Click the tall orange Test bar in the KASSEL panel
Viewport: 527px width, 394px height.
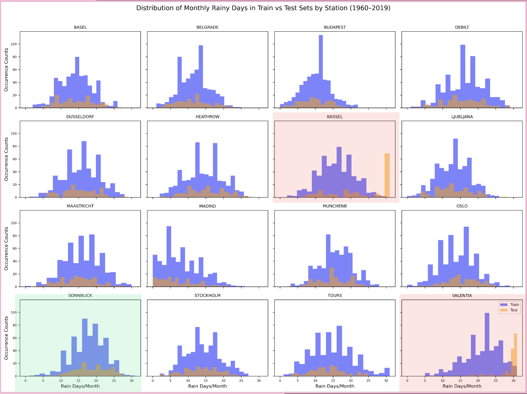pos(387,175)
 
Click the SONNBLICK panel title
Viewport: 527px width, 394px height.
pos(80,296)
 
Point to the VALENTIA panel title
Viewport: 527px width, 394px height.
pos(462,296)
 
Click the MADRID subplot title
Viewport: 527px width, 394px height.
pos(207,206)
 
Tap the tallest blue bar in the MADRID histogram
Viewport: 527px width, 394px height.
pos(169,256)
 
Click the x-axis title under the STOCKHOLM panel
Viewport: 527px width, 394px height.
pos(207,386)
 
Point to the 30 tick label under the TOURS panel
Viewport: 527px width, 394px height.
pos(386,381)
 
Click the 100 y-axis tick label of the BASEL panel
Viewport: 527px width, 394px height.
pos(14,44)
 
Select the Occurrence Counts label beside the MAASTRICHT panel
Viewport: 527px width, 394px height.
pos(6,249)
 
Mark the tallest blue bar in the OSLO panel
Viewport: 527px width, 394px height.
pos(466,256)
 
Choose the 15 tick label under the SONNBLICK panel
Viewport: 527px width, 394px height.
pos(78,381)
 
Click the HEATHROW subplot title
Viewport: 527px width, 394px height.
pos(207,117)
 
